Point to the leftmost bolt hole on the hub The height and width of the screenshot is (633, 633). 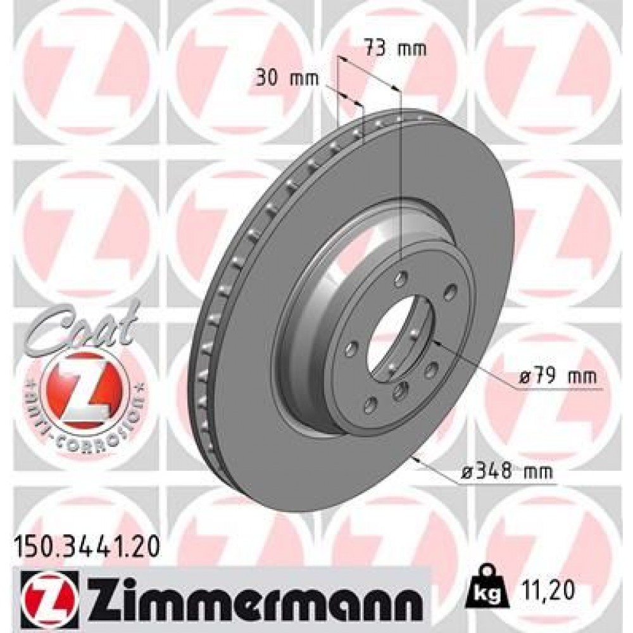pyautogui.click(x=353, y=346)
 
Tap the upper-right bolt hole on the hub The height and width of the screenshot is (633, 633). pyautogui.click(x=450, y=292)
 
